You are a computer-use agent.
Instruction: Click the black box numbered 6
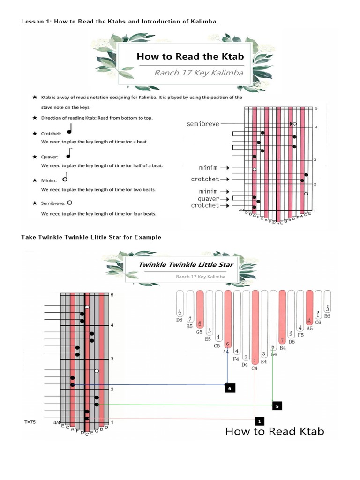(229, 388)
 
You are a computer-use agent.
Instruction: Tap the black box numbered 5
(277, 406)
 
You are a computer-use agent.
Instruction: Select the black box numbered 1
(259, 420)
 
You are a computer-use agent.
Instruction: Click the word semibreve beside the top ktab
(202, 124)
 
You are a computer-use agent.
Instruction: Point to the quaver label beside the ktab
(209, 199)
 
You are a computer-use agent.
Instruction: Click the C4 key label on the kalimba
(255, 368)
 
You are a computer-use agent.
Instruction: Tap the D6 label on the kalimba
(179, 320)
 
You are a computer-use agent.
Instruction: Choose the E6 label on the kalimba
(327, 316)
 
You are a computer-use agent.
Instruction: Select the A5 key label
(309, 329)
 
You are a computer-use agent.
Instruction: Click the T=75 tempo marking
(30, 422)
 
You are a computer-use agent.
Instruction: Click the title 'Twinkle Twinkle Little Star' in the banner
(186, 265)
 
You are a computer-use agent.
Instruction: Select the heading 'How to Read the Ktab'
(190, 57)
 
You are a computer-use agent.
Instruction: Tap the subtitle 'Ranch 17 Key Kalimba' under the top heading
(199, 73)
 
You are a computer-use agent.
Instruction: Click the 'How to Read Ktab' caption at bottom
(275, 431)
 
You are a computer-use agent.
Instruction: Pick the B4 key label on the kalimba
(282, 348)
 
